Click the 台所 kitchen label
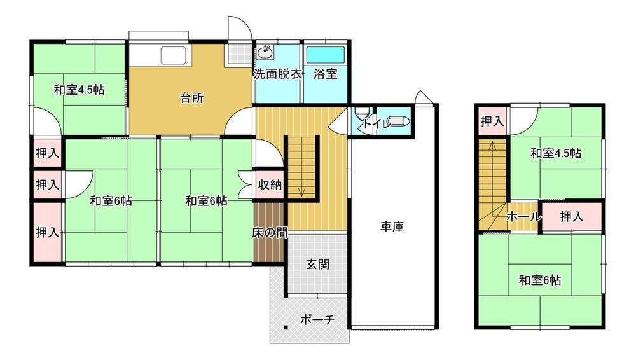coord(192,98)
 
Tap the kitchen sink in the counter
coord(173,55)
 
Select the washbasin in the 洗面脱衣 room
coord(265,52)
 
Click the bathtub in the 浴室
coord(325,55)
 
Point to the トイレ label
coord(377,123)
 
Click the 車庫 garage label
coord(392,226)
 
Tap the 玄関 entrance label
coord(317,265)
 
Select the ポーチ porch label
coord(317,320)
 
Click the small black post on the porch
coord(286,327)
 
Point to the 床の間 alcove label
coord(270,233)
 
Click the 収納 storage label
coord(270,184)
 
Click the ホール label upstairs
coord(524,217)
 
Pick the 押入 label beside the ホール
coord(572,217)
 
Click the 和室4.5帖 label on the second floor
coord(556,153)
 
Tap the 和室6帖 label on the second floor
coord(540,280)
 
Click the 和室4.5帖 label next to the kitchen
coord(79,89)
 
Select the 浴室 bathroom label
coord(325,74)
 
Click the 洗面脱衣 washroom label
coord(278,74)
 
